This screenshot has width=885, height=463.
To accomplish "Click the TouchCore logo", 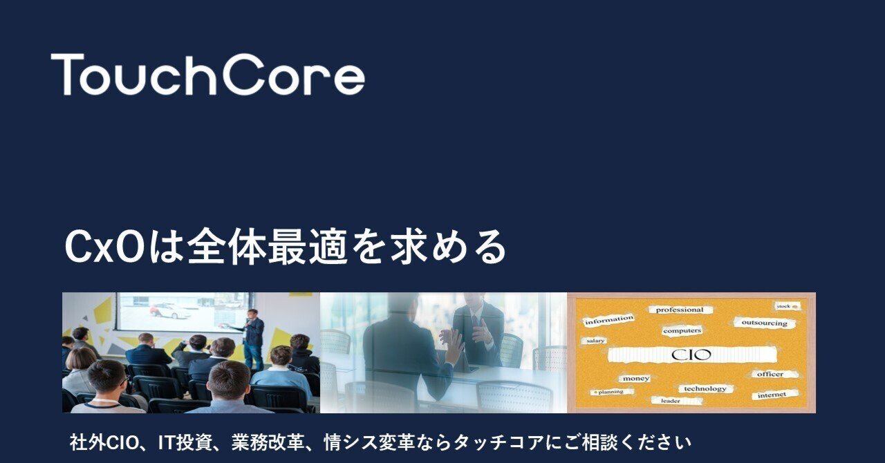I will pos(207,74).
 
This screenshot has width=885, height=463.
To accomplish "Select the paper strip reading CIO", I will pos(691,355).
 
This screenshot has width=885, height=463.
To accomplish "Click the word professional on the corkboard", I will pos(680,310).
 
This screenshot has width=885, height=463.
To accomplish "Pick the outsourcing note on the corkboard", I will pos(764,323).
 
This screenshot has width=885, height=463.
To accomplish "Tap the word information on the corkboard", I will pos(608,320).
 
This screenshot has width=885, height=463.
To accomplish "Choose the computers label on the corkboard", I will pos(682,331).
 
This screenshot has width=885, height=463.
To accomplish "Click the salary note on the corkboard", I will pos(595,341).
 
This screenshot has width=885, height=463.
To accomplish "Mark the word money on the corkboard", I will pos(635,379).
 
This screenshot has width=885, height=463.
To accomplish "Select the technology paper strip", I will pos(705,389).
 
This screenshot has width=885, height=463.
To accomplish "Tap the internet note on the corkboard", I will pos(772,395).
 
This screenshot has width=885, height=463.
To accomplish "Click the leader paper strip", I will pos(670,400).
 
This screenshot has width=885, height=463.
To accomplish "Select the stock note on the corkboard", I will pos(784,305).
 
